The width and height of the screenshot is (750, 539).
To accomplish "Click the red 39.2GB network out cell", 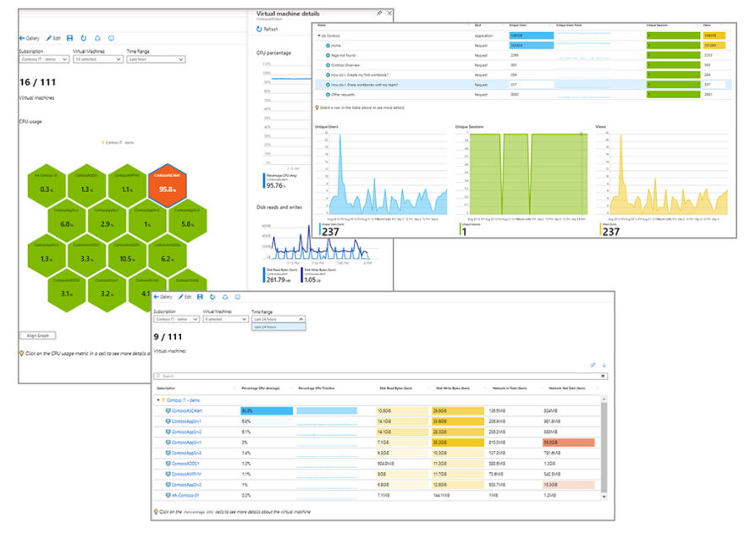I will click(568, 443).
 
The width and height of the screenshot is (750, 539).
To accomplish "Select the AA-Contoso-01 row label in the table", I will click(185, 495).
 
